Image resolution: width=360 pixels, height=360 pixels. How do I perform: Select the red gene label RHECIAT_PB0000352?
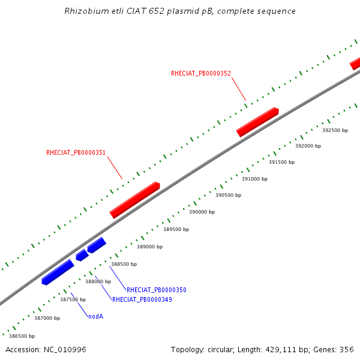(200, 73)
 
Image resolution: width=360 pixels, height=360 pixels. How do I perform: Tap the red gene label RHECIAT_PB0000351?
(76, 152)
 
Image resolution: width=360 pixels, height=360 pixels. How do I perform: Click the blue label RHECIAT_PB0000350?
(156, 290)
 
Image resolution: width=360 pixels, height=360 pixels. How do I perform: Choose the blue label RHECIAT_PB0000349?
(142, 299)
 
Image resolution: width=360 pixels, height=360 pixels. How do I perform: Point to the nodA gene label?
(95, 316)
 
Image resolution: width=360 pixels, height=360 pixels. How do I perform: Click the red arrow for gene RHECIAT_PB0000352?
(257, 122)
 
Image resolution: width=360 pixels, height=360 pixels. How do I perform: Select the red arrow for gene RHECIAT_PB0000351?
(134, 200)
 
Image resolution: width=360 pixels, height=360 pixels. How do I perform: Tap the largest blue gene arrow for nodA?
(58, 272)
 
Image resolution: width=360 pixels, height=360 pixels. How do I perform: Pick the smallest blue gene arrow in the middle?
(82, 255)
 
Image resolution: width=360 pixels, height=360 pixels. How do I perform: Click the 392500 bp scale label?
(335, 130)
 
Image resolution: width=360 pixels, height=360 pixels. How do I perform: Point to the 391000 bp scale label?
(254, 179)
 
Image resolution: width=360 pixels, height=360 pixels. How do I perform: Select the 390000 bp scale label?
(202, 212)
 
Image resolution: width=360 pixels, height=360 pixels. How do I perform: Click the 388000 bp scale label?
(98, 281)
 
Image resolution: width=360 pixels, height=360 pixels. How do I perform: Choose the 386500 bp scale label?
(22, 336)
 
